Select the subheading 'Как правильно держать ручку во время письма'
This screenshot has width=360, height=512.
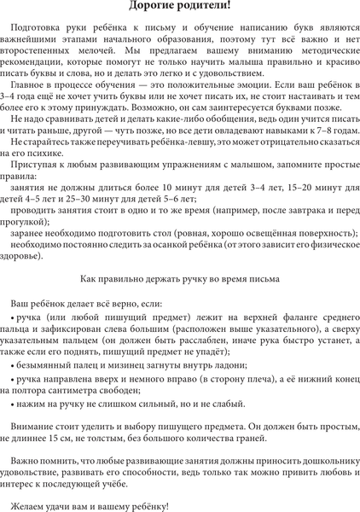tap(180, 278)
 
